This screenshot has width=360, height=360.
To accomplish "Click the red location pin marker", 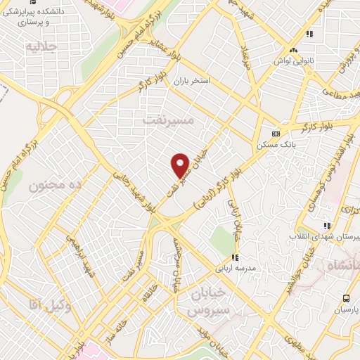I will [181, 165].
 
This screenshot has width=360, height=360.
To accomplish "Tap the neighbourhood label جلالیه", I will [39, 47].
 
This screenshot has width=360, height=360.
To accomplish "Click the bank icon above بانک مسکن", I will [275, 134].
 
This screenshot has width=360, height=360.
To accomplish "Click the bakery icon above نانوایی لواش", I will [293, 50].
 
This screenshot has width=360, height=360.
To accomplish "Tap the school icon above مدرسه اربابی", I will [236, 259].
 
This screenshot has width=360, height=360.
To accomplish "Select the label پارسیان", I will [345, 309].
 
